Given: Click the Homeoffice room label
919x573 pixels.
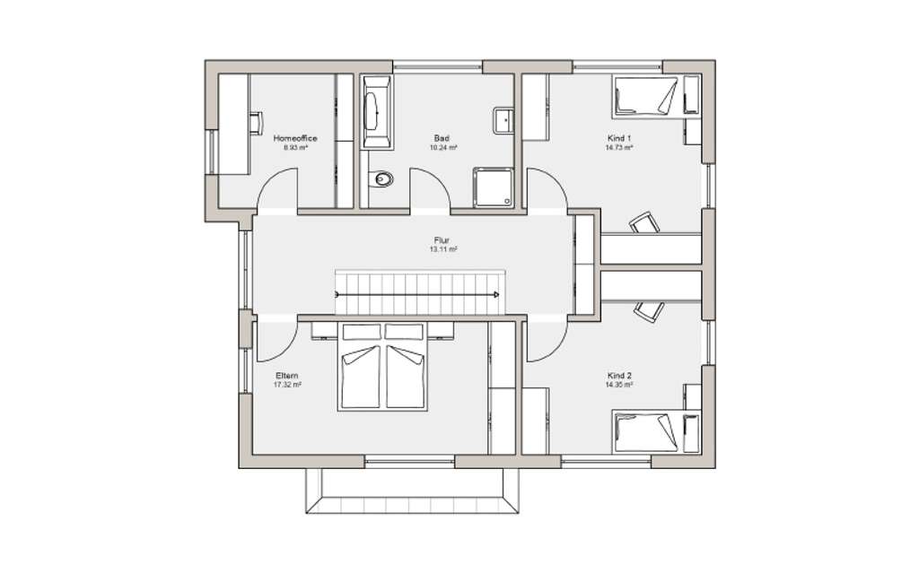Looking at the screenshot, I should coord(295,139).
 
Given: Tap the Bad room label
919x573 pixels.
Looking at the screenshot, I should coord(442,138).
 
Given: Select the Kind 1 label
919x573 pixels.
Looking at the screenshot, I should coord(619,138).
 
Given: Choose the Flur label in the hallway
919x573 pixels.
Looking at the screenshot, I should coord(442,241).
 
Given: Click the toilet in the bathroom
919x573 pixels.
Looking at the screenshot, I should coord(383,179).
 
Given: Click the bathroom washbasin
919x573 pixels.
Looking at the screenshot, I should coord(503,120).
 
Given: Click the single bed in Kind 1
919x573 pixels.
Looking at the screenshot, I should coord(644,97).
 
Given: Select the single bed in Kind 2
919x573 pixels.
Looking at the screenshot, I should coord(644,433).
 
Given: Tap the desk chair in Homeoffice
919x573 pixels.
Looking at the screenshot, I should coord(256,123).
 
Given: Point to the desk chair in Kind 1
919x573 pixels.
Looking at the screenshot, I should coord(643,222).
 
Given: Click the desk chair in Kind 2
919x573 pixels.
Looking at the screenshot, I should coord(648,310).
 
